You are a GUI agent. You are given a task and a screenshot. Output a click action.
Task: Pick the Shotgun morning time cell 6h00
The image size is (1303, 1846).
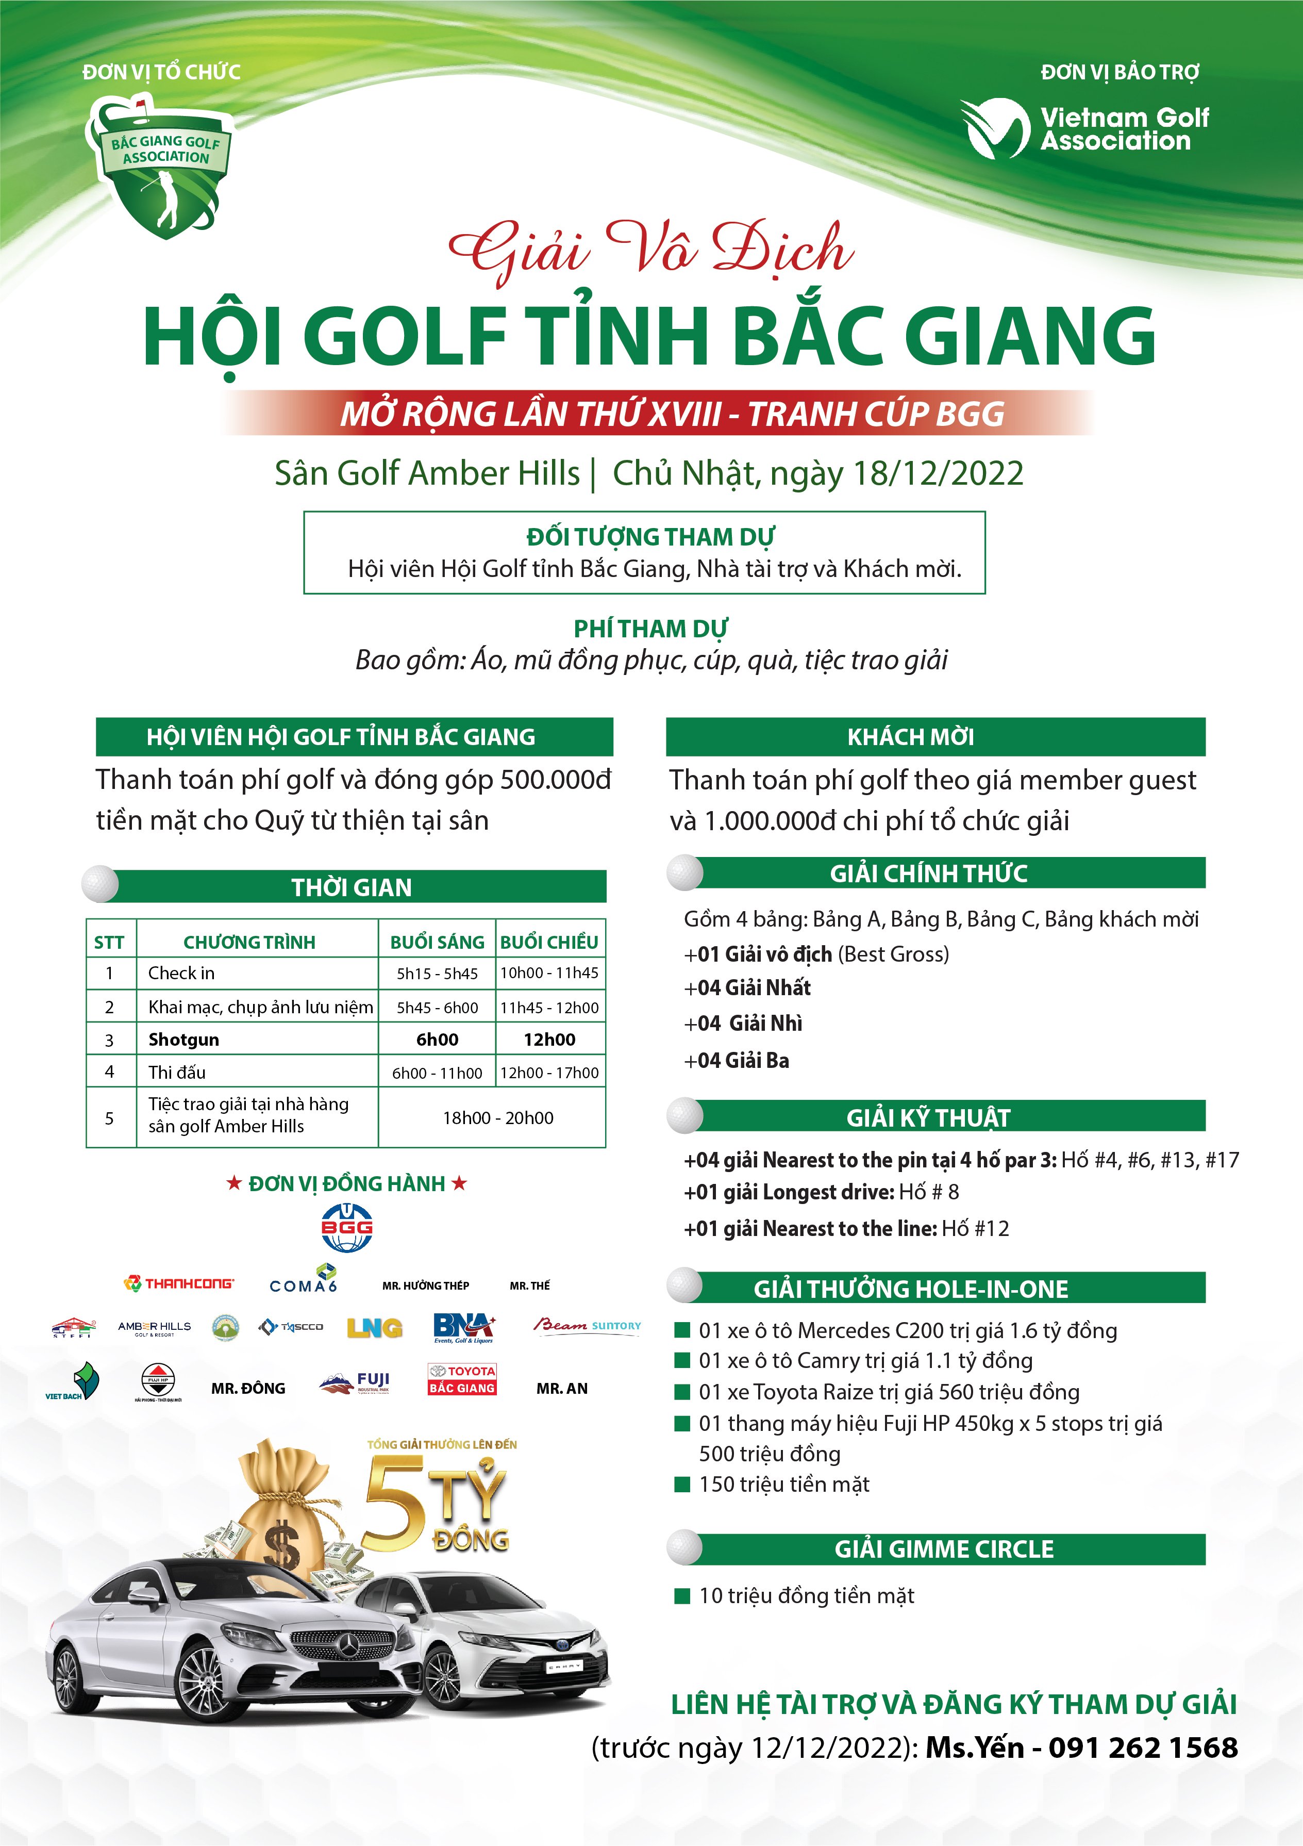pos(437,1040)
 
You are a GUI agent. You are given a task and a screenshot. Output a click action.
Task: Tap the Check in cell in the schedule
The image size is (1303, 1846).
pos(181,973)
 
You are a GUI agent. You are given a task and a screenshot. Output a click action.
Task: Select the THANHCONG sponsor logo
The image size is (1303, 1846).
pos(178,1284)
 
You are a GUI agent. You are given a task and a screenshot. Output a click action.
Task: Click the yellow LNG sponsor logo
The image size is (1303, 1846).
pos(375,1327)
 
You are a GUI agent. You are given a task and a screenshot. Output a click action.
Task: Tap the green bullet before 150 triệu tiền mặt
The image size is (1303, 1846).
pos(682,1484)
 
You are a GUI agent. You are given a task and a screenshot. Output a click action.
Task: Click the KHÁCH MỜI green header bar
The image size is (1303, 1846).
pos(935,736)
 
